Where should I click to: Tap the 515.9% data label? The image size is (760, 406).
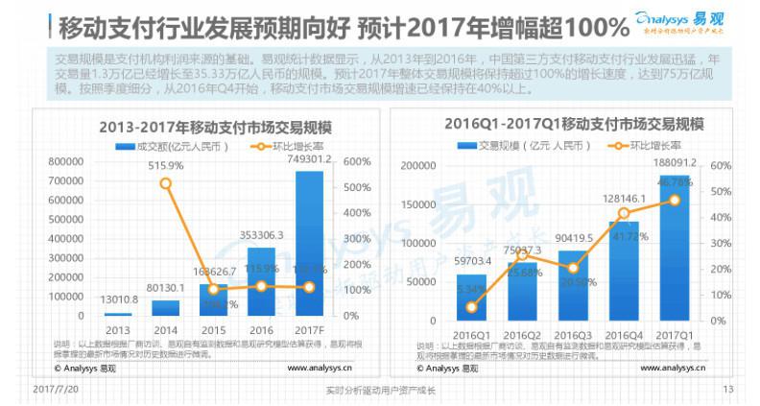165,165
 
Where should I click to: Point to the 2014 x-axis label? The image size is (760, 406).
165,328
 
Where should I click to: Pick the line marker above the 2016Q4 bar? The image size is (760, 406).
623,213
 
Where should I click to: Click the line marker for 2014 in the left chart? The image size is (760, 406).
165,182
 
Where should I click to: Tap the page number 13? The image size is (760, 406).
727,390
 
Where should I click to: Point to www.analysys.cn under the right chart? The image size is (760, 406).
677,368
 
